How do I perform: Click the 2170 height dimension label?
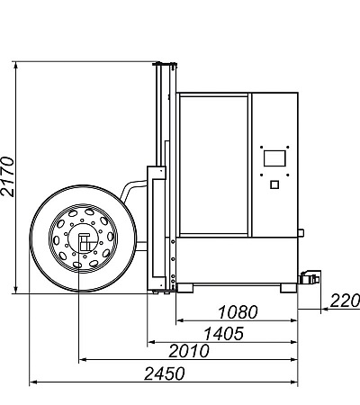coord(7,176)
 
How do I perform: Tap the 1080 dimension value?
coord(238,312)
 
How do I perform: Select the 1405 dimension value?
coord(224,334)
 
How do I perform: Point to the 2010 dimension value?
coord(189,351)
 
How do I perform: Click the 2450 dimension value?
coord(165,373)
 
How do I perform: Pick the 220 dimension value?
coord(345,301)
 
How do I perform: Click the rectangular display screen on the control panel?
coord(274,158)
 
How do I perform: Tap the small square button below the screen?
coord(274,184)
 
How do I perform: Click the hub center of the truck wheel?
coord(84,239)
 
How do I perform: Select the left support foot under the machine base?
coord(185,288)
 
